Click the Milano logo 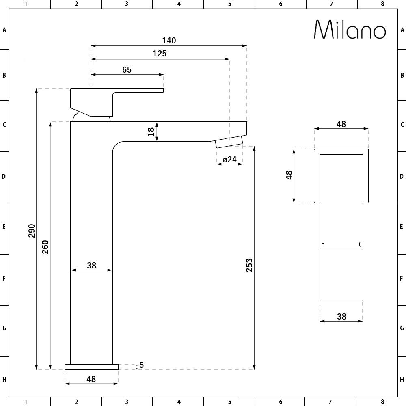point(350,30)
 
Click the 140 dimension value point(169,40)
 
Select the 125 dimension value point(160,54)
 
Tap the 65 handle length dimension point(127,70)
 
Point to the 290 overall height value point(32,231)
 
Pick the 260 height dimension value point(45,247)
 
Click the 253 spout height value point(249,265)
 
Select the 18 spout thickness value point(151,132)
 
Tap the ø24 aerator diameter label point(230,160)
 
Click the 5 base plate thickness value point(141,365)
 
